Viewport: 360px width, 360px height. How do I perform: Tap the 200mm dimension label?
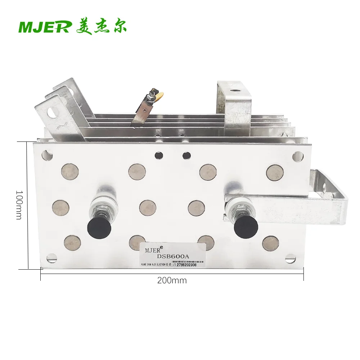coord(172,280)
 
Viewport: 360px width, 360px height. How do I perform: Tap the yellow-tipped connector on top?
coord(160,95)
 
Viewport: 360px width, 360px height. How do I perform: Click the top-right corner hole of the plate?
coord(297,156)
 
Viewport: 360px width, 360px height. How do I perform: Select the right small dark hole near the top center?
coord(186,155)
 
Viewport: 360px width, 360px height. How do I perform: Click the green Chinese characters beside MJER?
coord(101,27)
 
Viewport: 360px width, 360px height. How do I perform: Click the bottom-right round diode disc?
coord(270,243)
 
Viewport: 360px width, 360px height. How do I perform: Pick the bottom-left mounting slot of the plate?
coord(52,257)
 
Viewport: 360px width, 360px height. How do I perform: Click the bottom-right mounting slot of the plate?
coord(290,258)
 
